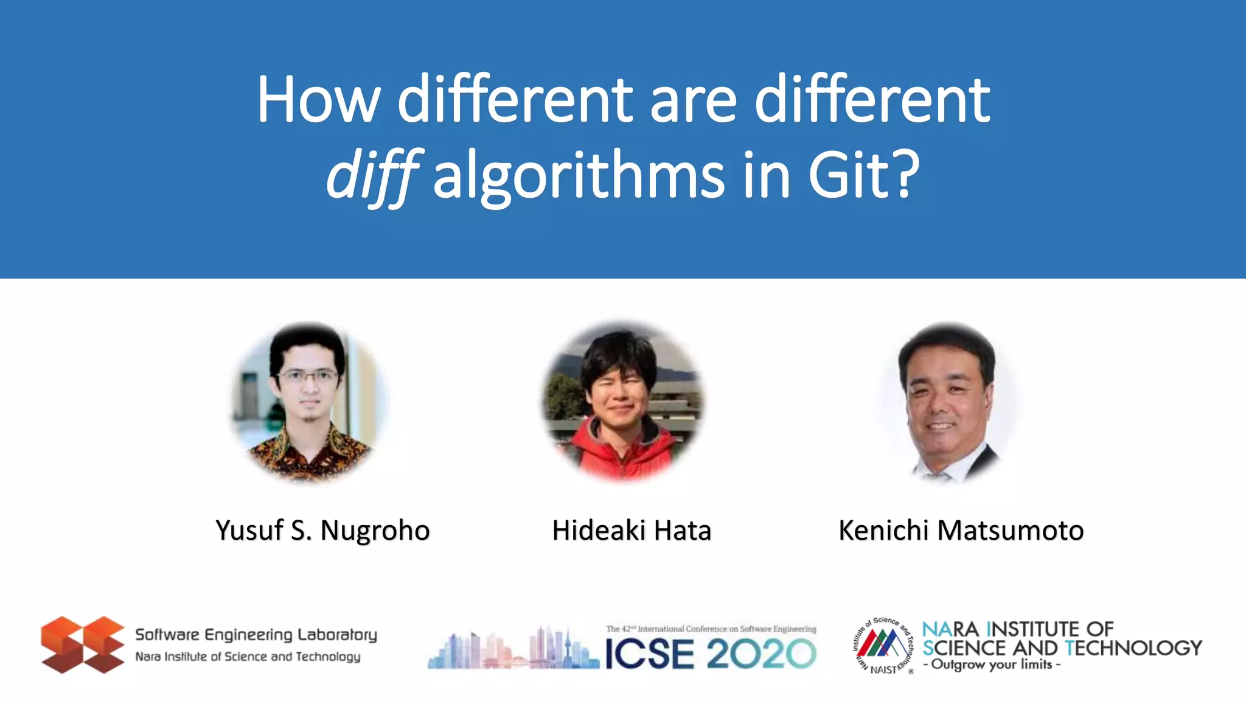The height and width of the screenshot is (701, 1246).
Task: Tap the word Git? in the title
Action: click(x=863, y=175)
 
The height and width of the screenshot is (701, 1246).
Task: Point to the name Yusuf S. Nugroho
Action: click(x=322, y=531)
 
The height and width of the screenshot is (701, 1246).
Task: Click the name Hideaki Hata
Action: click(x=632, y=531)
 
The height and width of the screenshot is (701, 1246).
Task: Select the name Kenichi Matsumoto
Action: click(x=961, y=531)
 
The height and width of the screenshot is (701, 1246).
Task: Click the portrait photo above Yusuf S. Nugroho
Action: click(x=308, y=402)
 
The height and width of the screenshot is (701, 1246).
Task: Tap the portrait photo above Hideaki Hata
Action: click(x=622, y=402)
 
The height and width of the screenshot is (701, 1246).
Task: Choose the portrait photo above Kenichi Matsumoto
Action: click(x=947, y=402)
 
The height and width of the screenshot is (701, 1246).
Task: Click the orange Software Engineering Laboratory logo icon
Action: click(x=82, y=644)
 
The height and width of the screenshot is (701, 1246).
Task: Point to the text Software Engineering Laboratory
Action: click(x=256, y=635)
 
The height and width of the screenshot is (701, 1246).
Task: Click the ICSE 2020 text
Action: click(x=710, y=654)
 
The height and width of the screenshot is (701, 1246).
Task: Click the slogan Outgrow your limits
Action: click(x=992, y=664)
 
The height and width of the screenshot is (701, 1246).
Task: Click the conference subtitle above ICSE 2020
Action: click(x=711, y=629)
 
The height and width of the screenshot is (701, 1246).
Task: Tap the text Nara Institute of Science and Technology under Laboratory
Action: click(x=248, y=657)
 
